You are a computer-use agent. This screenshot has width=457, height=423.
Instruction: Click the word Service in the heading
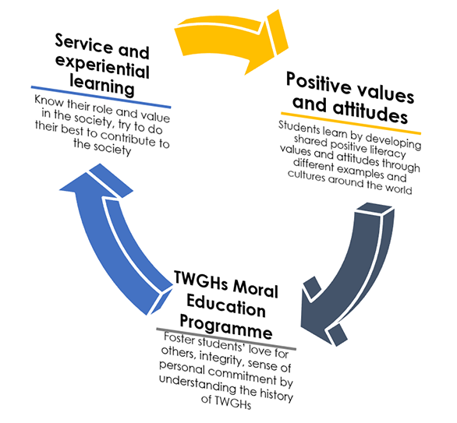pyautogui.click(x=83, y=44)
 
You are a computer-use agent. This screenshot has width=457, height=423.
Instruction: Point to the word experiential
pyautogui.click(x=102, y=66)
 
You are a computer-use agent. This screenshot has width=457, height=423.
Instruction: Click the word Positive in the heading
pyautogui.click(x=319, y=83)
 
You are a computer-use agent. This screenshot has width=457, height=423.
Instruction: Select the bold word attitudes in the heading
pyautogui.click(x=370, y=112)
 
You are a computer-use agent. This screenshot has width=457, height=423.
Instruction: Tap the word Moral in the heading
pyautogui.click(x=255, y=291)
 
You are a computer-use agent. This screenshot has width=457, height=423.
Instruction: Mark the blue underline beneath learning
pyautogui.click(x=101, y=97)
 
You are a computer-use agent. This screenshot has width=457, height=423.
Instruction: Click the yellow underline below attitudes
pyautogui.click(x=351, y=123)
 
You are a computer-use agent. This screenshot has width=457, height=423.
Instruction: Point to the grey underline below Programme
pyautogui.click(x=226, y=339)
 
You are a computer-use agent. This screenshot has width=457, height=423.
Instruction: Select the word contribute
pyautogui.click(x=129, y=138)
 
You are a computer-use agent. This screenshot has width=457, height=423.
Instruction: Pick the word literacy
pyautogui.click(x=388, y=151)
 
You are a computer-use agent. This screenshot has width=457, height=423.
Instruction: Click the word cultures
pyautogui.click(x=306, y=175)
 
